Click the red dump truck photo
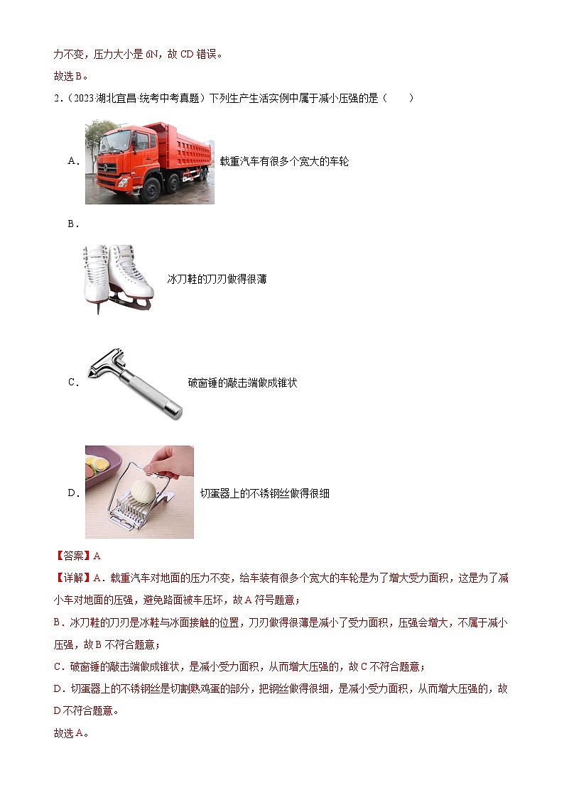[149, 162]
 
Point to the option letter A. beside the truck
[73, 161]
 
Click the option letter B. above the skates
[72, 224]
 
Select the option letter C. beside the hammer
[72, 383]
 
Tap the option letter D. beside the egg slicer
[73, 493]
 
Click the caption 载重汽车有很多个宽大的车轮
[284, 162]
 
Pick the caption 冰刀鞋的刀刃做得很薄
[217, 280]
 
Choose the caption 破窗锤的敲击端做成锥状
[242, 383]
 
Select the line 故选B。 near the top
[71, 76]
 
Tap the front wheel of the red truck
[151, 191]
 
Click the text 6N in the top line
[151, 54]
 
